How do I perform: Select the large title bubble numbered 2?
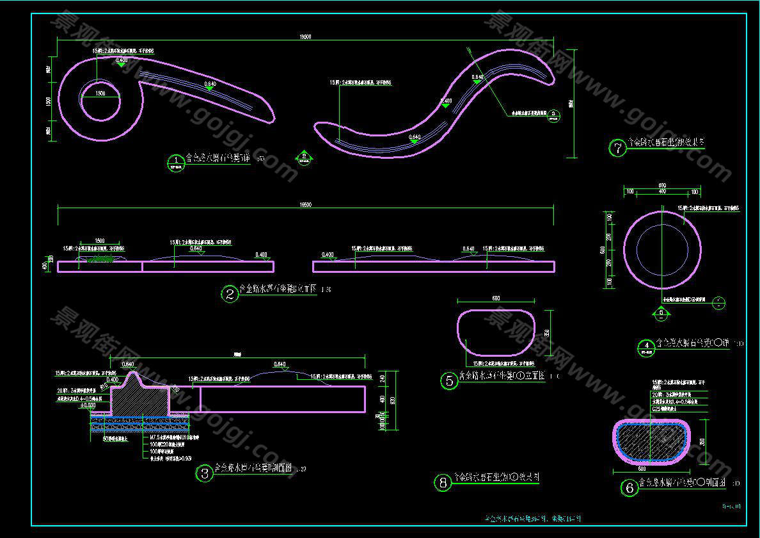(x=230, y=294)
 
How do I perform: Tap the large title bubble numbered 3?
(x=204, y=473)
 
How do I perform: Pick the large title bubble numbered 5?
(x=449, y=380)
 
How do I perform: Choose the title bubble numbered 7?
(x=617, y=149)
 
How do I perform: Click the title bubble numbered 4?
(x=647, y=346)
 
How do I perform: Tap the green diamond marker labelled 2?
(x=305, y=156)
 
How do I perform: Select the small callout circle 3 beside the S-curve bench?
(x=553, y=115)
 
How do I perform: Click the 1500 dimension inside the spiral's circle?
(x=100, y=94)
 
